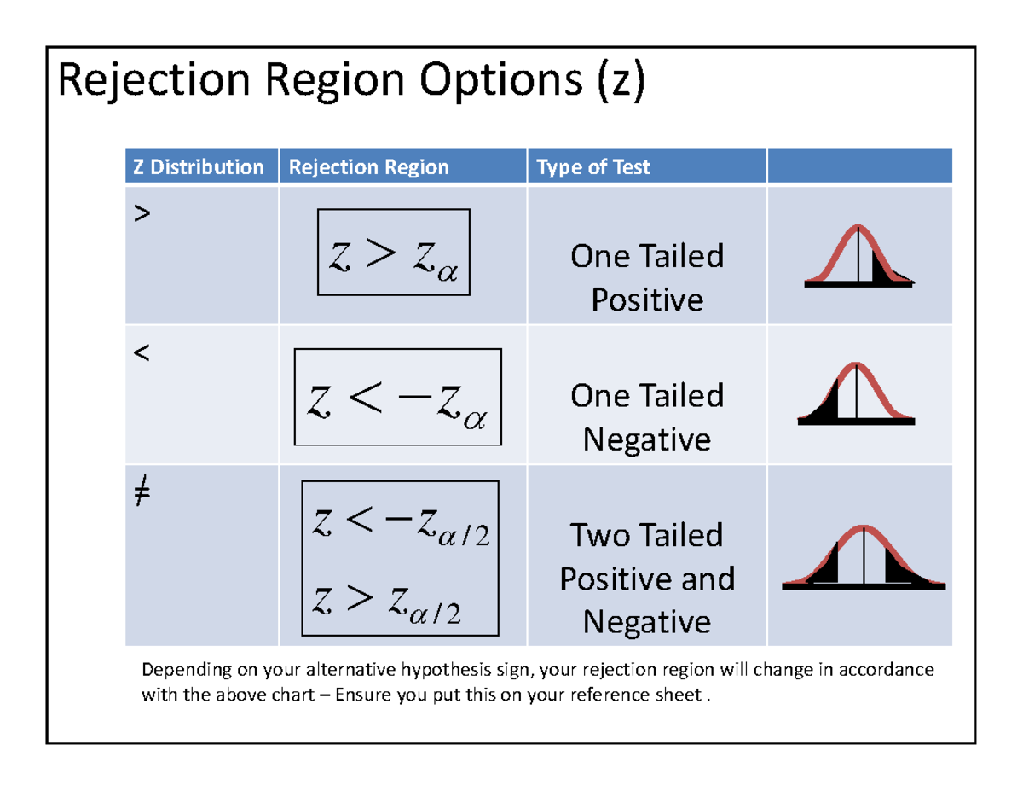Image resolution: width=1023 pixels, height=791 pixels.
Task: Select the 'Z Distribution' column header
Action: [x=198, y=167]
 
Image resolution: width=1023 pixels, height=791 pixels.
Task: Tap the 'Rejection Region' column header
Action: [x=368, y=167]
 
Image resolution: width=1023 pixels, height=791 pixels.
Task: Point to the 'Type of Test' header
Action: [x=593, y=167]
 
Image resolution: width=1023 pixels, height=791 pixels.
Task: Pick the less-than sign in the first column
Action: [x=141, y=354]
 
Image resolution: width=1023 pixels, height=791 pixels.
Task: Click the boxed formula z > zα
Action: [x=394, y=252]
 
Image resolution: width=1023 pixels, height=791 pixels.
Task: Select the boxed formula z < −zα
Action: [x=398, y=397]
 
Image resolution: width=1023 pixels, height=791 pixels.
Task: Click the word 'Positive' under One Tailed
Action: [x=647, y=300]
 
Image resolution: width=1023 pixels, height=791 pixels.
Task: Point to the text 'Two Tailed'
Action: [x=647, y=536]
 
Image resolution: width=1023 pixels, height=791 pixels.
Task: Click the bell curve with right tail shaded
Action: [x=859, y=256]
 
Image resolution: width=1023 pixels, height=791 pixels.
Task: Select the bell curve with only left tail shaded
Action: [x=856, y=394]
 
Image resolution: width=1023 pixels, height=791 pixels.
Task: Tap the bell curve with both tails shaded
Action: [x=864, y=556]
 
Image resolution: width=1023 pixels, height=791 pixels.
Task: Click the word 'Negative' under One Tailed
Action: [x=647, y=439]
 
